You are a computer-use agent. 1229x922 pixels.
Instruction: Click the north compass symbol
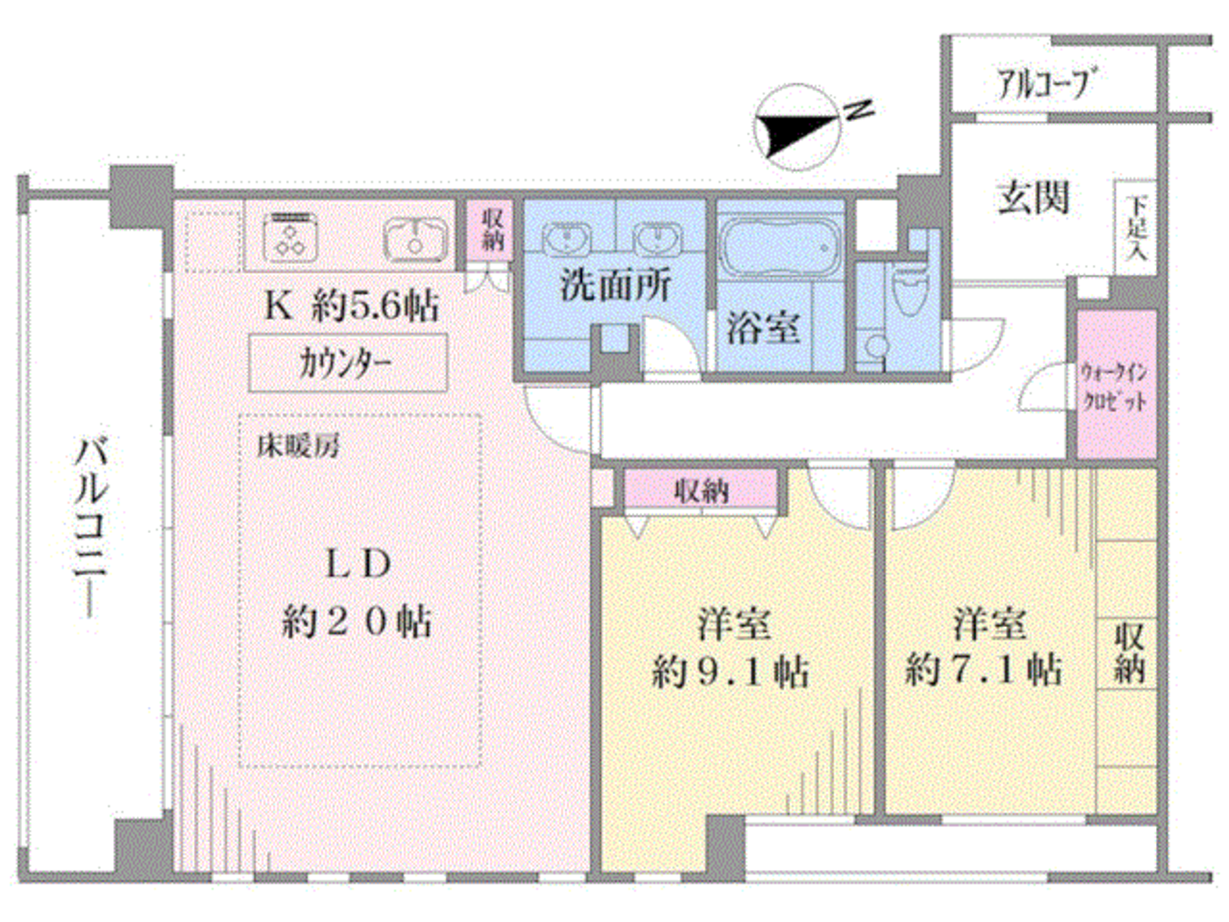pyautogui.click(x=797, y=127)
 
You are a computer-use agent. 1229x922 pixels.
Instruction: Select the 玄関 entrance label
pyautogui.click(x=1034, y=198)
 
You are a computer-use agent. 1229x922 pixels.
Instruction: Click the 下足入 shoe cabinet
pyautogui.click(x=1136, y=227)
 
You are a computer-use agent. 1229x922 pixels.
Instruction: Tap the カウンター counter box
pyautogui.click(x=348, y=362)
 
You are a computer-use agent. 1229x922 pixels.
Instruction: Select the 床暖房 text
pyautogui.click(x=298, y=446)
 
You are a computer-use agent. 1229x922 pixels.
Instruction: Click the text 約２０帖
pyautogui.click(x=356, y=623)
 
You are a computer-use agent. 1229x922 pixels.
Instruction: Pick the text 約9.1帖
pyautogui.click(x=730, y=672)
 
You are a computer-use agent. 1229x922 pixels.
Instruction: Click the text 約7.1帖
pyautogui.click(x=984, y=670)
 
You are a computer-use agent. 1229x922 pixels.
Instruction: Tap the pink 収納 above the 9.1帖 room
pyautogui.click(x=701, y=490)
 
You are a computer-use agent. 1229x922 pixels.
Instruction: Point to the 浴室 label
pyautogui.click(x=763, y=328)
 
